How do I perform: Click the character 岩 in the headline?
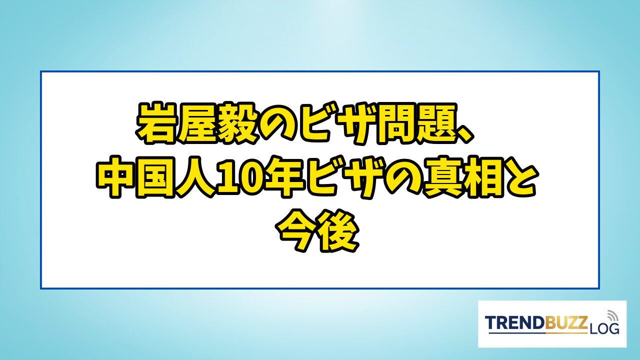pyautogui.click(x=157, y=123)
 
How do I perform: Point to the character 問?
pyautogui.click(x=395, y=123)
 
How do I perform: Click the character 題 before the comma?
pyautogui.click(x=435, y=123)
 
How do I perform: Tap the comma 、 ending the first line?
pyautogui.click(x=464, y=134)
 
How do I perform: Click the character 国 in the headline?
pyautogui.click(x=156, y=177)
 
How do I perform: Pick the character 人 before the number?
pyautogui.click(x=197, y=177)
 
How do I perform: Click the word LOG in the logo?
pyautogui.click(x=603, y=328)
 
